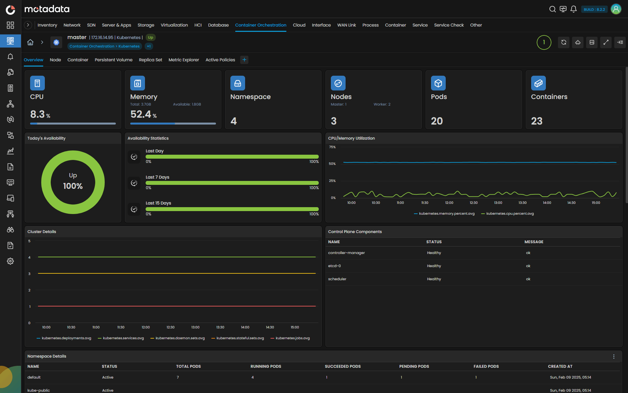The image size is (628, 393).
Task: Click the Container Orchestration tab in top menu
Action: click(x=260, y=25)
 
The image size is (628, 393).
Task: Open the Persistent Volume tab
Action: click(x=114, y=60)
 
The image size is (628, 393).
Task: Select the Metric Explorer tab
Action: click(x=184, y=60)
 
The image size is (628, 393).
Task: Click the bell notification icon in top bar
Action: click(x=573, y=9)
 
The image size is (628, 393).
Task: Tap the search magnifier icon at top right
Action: click(x=552, y=9)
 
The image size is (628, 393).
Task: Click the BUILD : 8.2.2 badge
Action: click(x=594, y=10)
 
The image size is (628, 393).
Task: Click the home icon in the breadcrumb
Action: click(x=30, y=42)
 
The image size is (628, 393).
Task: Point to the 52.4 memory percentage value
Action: click(x=141, y=114)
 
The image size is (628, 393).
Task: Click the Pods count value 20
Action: click(x=437, y=121)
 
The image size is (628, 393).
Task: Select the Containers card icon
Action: click(x=538, y=83)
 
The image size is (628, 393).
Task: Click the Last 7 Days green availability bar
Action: click(x=232, y=183)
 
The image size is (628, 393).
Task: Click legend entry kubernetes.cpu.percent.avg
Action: click(x=510, y=213)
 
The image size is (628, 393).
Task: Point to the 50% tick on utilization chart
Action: click(x=332, y=164)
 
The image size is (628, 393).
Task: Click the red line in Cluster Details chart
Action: click(x=177, y=306)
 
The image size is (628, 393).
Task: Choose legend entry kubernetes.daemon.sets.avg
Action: click(x=180, y=338)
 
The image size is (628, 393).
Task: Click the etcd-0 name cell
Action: click(x=334, y=266)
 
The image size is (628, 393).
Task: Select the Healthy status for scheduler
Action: click(x=434, y=279)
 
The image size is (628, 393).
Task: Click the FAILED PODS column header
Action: click(x=486, y=366)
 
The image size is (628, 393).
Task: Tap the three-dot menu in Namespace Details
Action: click(x=614, y=356)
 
